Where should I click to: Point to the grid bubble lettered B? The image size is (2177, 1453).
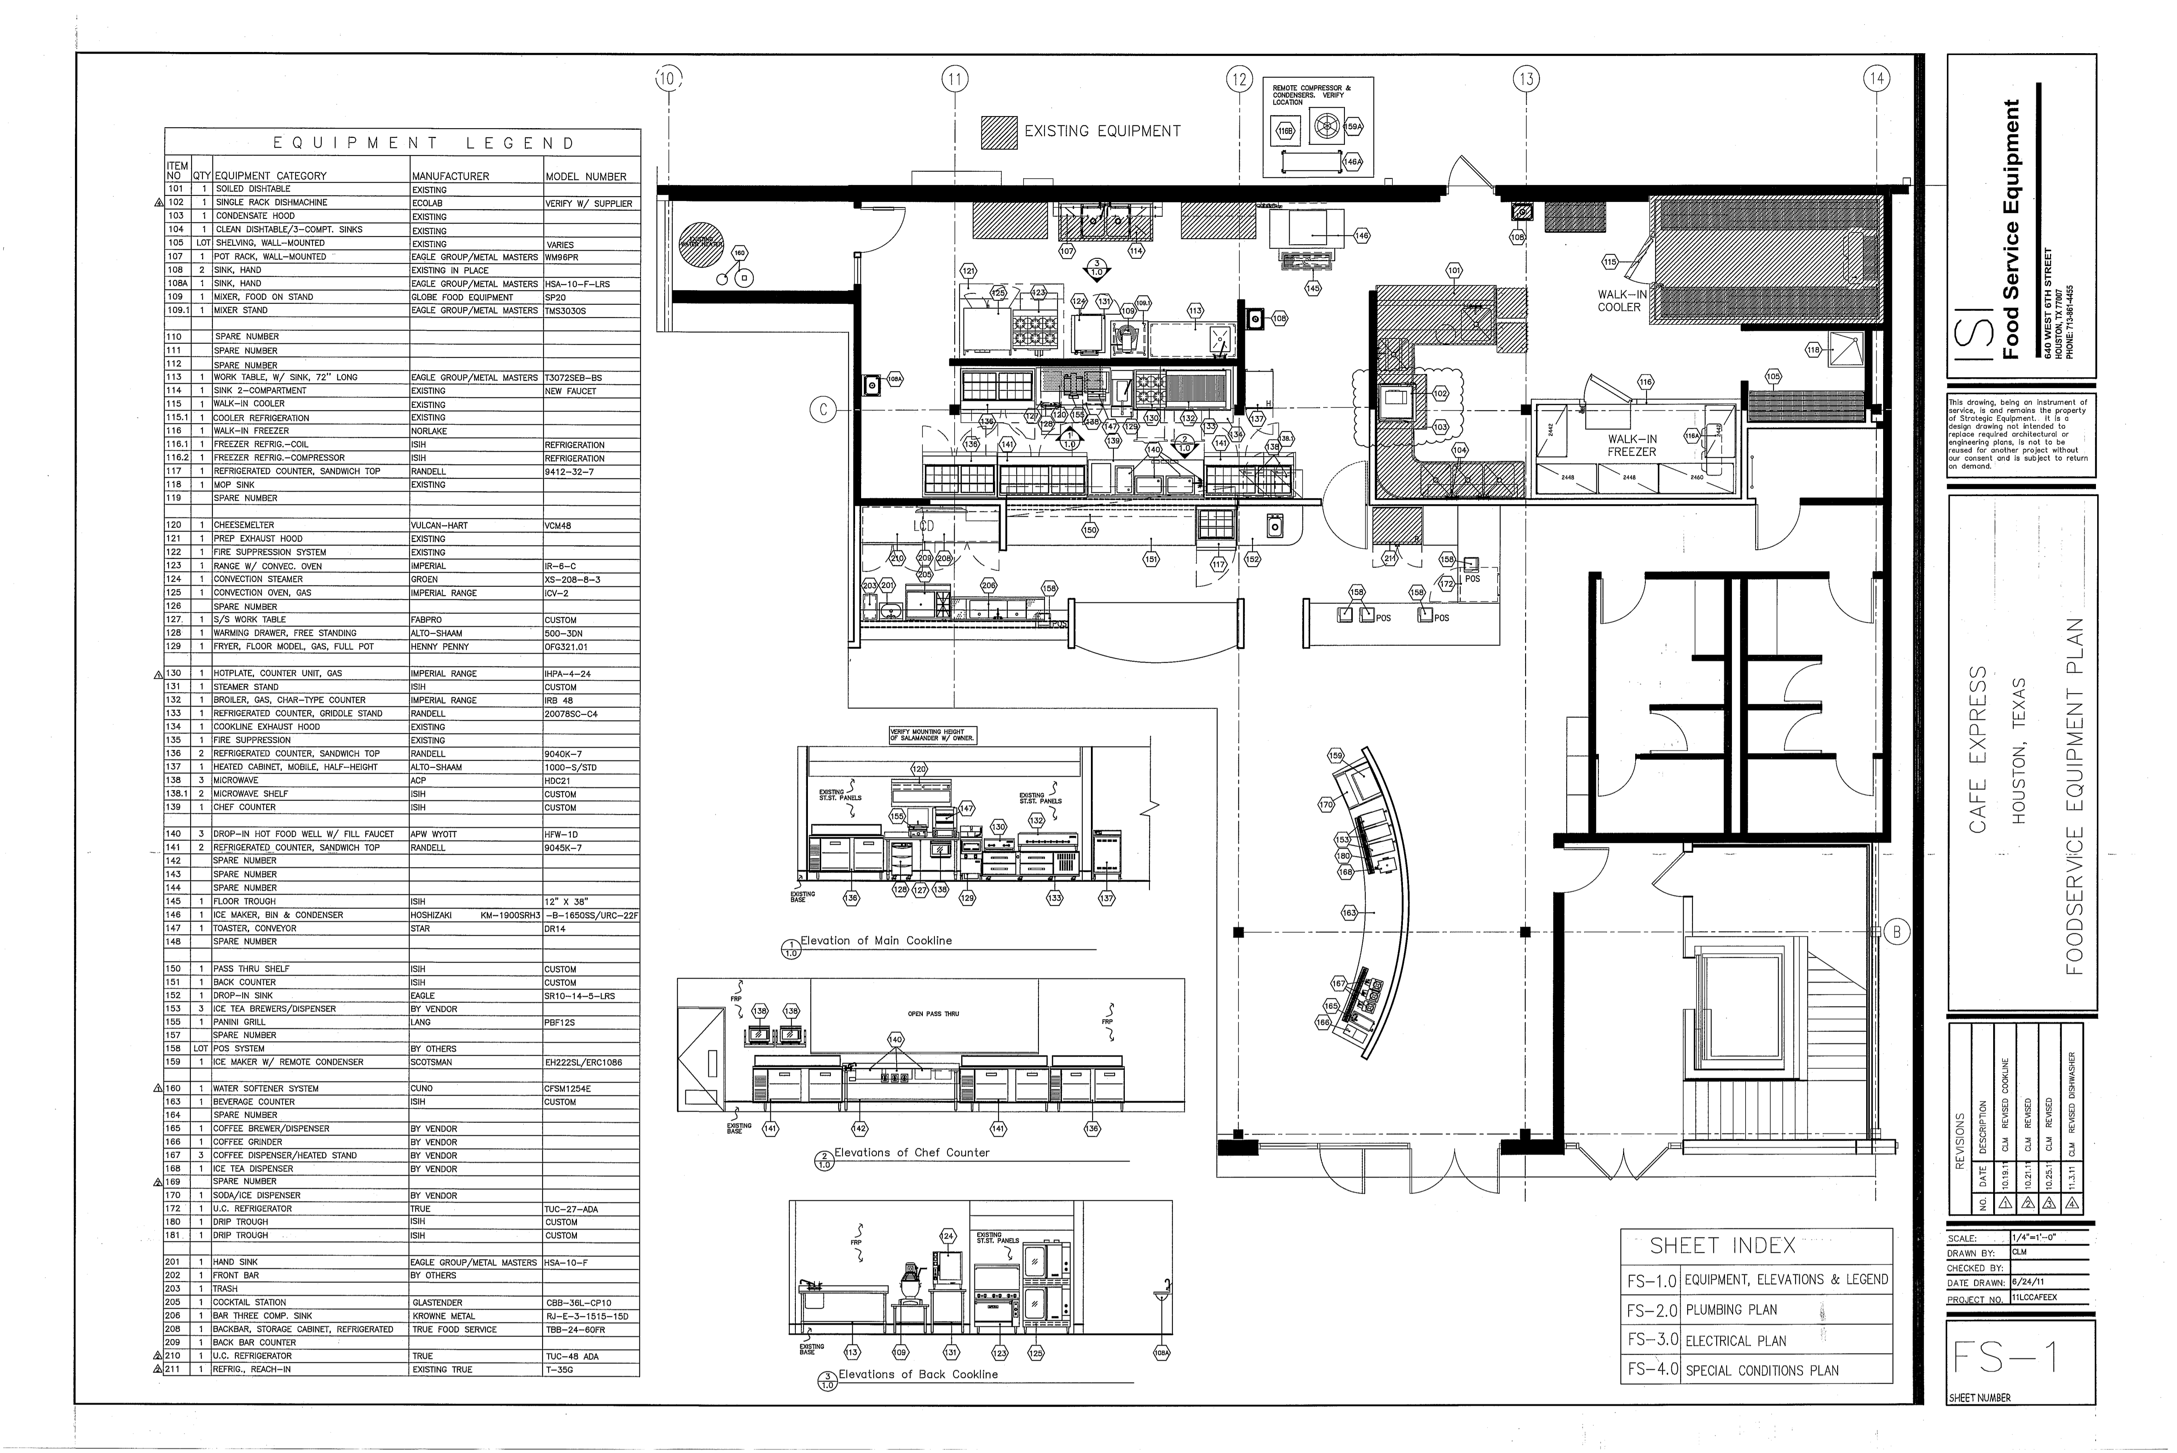1896,932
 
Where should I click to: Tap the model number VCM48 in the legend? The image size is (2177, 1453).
558,526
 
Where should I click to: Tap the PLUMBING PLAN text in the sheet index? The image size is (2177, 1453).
1730,1310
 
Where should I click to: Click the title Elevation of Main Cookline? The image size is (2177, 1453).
876,941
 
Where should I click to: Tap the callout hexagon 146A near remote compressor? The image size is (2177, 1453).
1352,161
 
